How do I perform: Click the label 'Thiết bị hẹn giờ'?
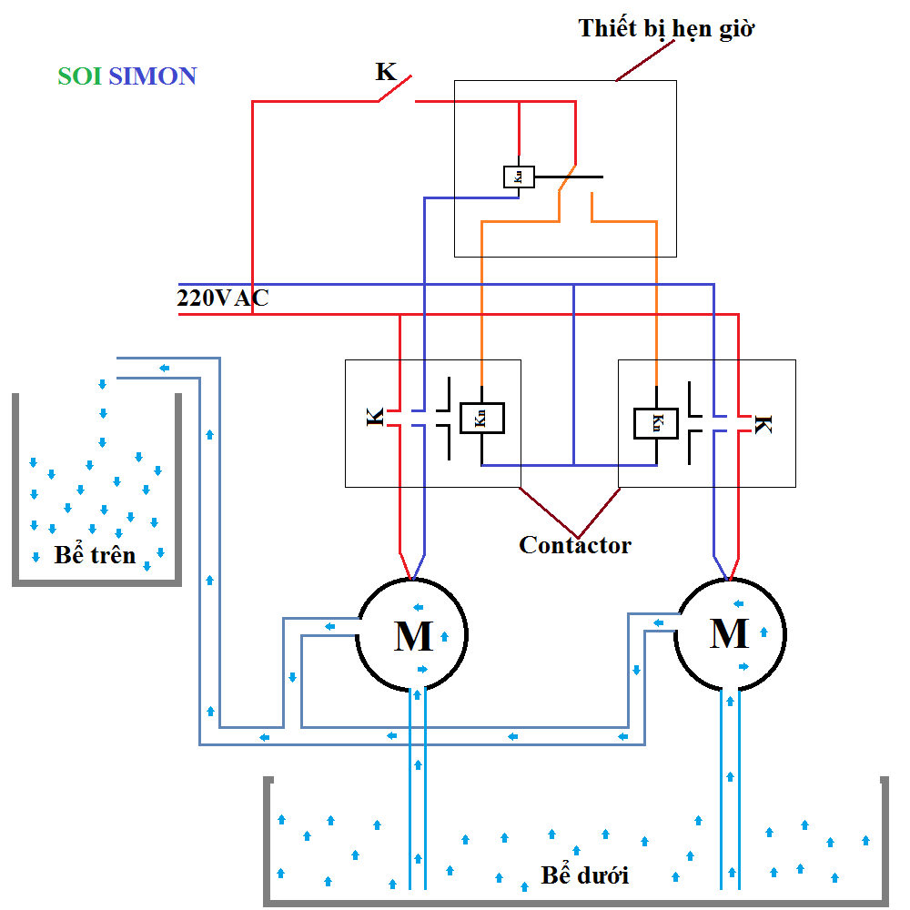pyautogui.click(x=667, y=28)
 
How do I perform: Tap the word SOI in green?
pyautogui.click(x=79, y=76)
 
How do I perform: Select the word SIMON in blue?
pyautogui.click(x=152, y=76)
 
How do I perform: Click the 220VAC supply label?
pyautogui.click(x=222, y=298)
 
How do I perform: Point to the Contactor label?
pyautogui.click(x=574, y=545)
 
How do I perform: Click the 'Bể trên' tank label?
pyautogui.click(x=95, y=554)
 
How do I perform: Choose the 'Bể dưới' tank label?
pyautogui.click(x=584, y=875)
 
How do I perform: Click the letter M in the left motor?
pyautogui.click(x=414, y=636)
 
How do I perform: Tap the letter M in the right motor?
pyautogui.click(x=729, y=632)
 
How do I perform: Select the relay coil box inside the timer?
pyautogui.click(x=519, y=177)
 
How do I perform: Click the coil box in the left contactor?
pyautogui.click(x=481, y=418)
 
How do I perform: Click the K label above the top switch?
pyautogui.click(x=386, y=72)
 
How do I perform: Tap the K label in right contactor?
pyautogui.click(x=763, y=424)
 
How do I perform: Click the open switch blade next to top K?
pyautogui.click(x=397, y=89)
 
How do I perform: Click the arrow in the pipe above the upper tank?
pyautogui.click(x=165, y=369)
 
